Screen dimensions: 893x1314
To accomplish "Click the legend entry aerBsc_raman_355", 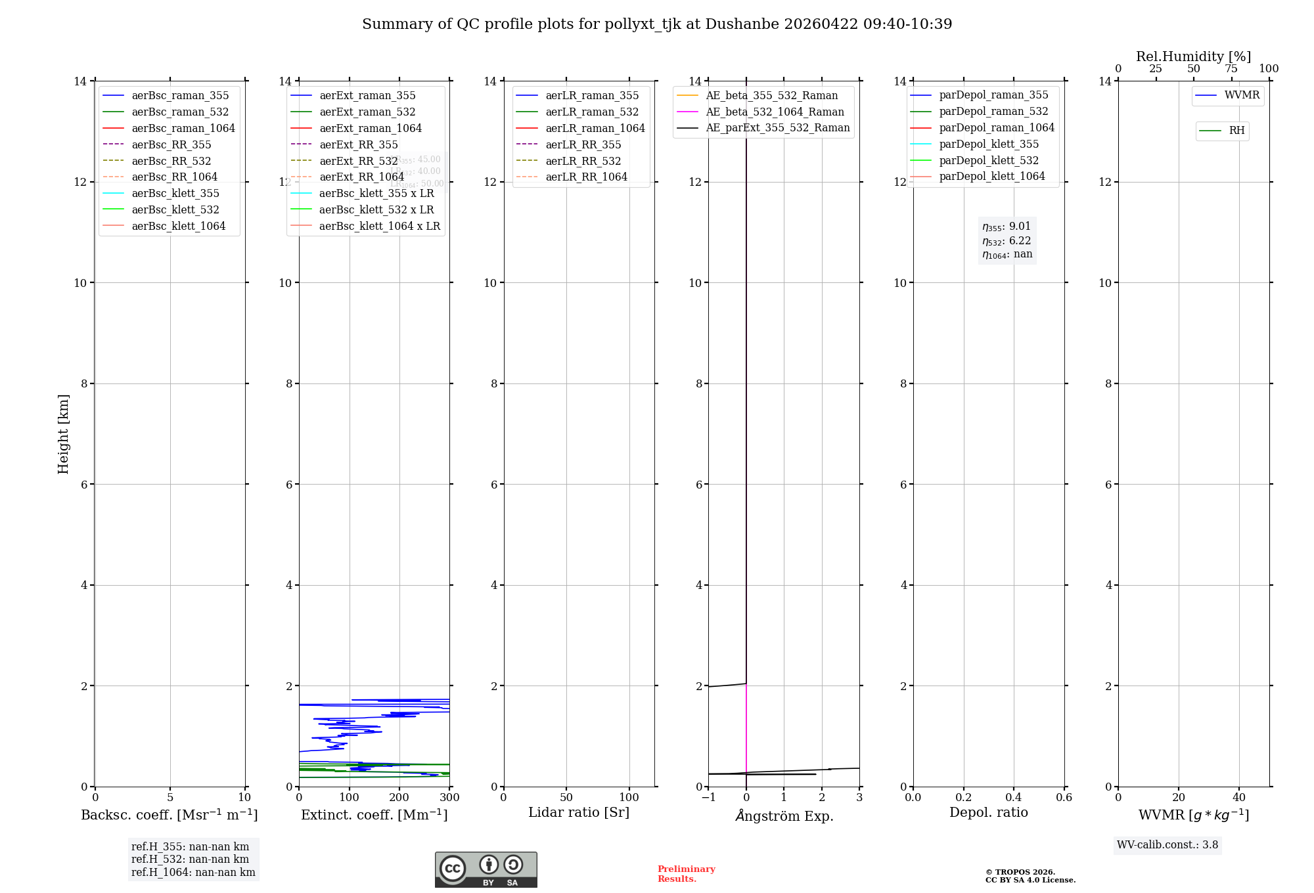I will (x=180, y=96).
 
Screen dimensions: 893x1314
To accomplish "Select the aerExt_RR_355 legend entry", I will (x=359, y=144).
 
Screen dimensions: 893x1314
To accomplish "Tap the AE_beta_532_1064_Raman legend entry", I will (x=775, y=112).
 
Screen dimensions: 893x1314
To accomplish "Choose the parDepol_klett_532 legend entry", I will (x=989, y=160).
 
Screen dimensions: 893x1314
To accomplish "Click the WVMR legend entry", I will (x=1242, y=95).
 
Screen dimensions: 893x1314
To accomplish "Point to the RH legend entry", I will (x=1236, y=131).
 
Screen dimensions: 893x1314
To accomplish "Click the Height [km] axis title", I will (x=64, y=434).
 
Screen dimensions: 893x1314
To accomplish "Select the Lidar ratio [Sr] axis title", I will (x=579, y=813).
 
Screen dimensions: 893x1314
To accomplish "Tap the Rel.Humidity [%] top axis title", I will (x=1193, y=56).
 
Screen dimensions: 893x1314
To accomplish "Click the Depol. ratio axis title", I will (x=988, y=813).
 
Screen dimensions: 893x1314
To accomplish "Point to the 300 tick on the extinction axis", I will (x=449, y=798).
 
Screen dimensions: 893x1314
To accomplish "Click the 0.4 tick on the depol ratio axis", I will (x=1014, y=798).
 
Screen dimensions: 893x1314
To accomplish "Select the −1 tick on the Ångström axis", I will (x=708, y=798).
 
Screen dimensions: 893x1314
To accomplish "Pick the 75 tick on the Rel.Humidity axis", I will (x=1231, y=69).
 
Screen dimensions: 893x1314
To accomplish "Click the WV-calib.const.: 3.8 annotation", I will (x=1167, y=845).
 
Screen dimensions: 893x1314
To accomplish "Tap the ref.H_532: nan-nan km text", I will (x=190, y=860).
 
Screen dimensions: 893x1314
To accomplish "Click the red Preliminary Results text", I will (x=686, y=874).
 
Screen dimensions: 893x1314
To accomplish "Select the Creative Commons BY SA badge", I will (x=486, y=870).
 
